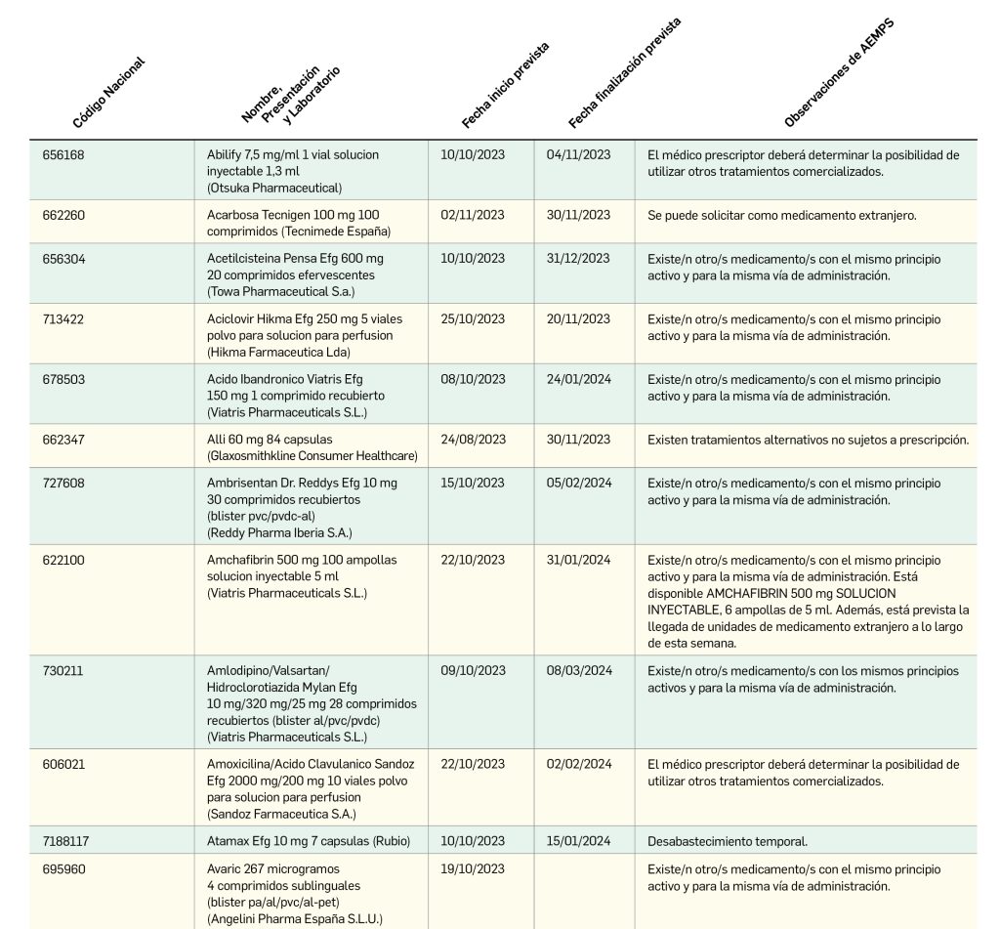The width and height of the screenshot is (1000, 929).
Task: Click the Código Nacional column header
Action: pos(108,94)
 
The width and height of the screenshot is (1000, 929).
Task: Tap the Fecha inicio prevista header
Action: pos(505,86)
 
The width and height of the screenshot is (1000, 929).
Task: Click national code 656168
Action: pos(63,155)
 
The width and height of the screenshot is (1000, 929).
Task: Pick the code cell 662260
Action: pos(63,216)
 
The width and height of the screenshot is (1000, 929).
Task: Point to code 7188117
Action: pos(67,841)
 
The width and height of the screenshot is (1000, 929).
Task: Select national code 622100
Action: pos(63,561)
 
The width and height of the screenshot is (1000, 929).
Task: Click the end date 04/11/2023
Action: pos(578,155)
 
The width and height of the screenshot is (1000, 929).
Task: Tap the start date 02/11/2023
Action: pos(473,216)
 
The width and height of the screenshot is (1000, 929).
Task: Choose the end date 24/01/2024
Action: pos(578,380)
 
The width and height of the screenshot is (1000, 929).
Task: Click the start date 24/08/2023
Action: pos(473,440)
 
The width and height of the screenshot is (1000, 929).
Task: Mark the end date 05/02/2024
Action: pos(578,484)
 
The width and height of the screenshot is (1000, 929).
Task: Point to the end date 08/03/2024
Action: pos(578,671)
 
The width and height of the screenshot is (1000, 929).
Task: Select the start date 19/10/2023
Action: pos(473,869)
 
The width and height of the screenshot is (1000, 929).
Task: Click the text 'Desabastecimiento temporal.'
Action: pos(727,841)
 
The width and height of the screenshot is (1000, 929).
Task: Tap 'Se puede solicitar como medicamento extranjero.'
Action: pos(781,216)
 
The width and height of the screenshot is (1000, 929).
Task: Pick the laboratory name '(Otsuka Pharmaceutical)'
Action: pos(273,188)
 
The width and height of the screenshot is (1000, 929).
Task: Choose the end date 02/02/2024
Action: pos(578,765)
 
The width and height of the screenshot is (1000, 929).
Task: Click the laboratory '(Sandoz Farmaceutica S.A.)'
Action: pos(281,814)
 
